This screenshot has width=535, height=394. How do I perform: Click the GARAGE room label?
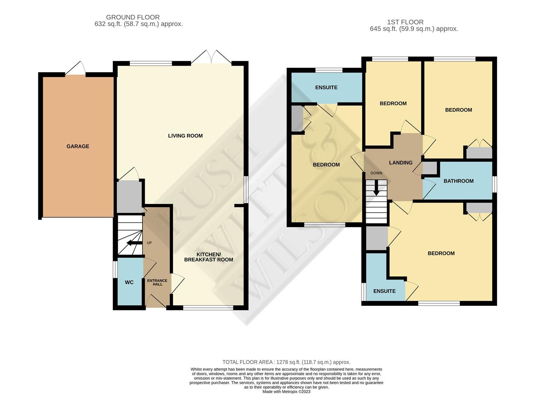click(x=78, y=146)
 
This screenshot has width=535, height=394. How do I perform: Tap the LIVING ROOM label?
click(x=185, y=136)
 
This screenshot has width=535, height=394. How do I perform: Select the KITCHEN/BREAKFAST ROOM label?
click(x=208, y=257)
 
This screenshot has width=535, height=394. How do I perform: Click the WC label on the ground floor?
click(x=129, y=282)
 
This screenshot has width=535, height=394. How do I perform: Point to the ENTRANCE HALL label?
click(x=157, y=282)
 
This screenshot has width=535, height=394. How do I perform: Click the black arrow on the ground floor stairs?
click(x=134, y=243)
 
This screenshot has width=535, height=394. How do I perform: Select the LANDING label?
click(x=400, y=163)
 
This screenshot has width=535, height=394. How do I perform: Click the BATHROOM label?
click(x=458, y=181)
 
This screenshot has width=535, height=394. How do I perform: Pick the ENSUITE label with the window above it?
click(x=326, y=88)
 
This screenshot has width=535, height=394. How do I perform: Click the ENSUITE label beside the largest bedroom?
click(x=384, y=291)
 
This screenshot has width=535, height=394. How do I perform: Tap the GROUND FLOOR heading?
click(x=133, y=17)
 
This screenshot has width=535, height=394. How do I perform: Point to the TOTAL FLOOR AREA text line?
click(x=286, y=362)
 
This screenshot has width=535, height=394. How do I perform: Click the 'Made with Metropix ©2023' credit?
click(x=286, y=392)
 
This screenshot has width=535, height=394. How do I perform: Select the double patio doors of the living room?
click(x=211, y=58)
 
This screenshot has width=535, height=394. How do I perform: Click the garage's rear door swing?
click(x=76, y=69)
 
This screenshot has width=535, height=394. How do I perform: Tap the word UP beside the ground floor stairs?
click(x=149, y=243)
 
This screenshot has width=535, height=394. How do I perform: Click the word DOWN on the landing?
click(x=376, y=173)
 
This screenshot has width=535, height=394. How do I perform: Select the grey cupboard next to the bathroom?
click(x=429, y=168)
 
